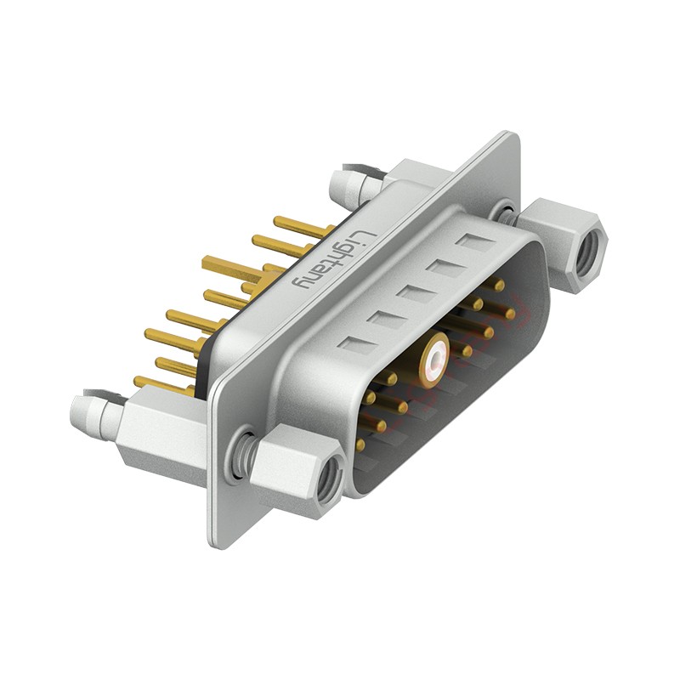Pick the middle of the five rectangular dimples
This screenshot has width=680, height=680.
[415, 294]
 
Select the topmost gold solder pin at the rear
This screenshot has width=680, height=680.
[302, 226]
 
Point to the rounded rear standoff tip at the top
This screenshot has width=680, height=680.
[343, 181]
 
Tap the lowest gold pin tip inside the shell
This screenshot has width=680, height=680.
[360, 445]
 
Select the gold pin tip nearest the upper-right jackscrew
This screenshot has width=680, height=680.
[510, 314]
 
